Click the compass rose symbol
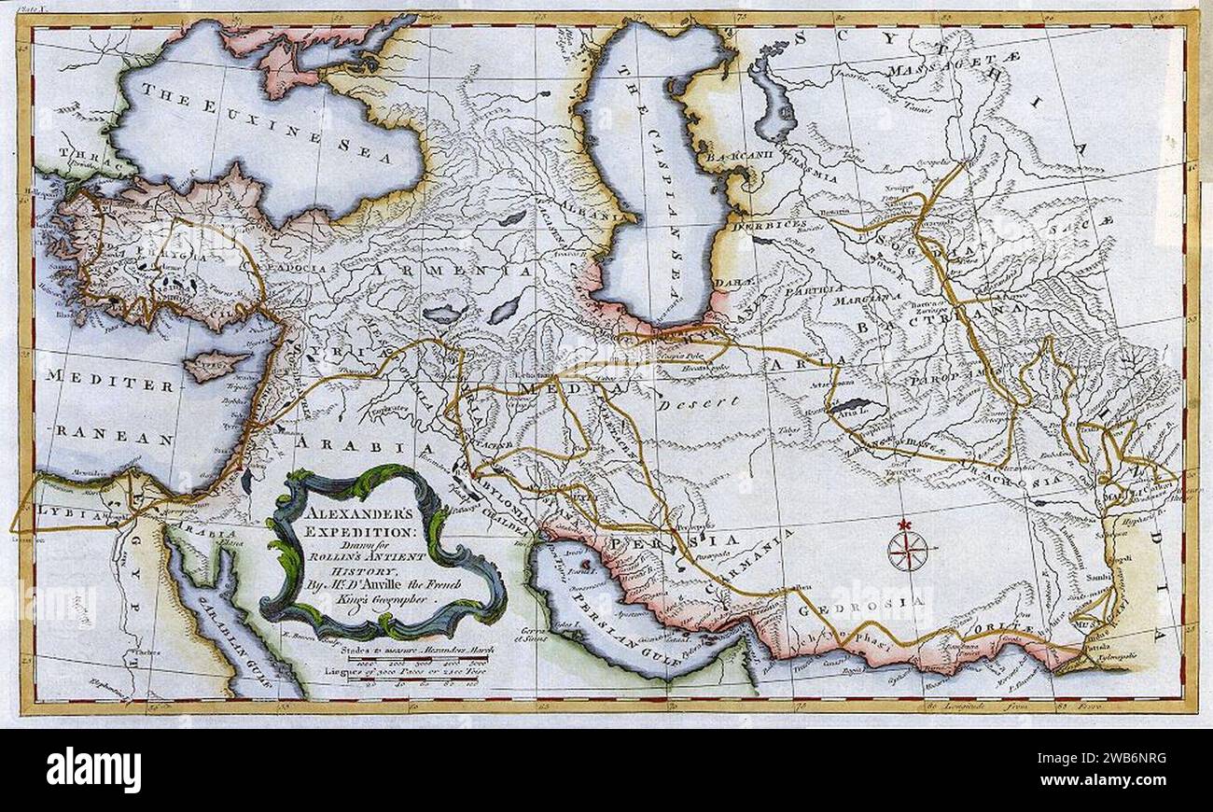pyautogui.click(x=907, y=550)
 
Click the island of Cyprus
pyautogui.click(x=216, y=364)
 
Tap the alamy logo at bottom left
pyautogui.click(x=93, y=770)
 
